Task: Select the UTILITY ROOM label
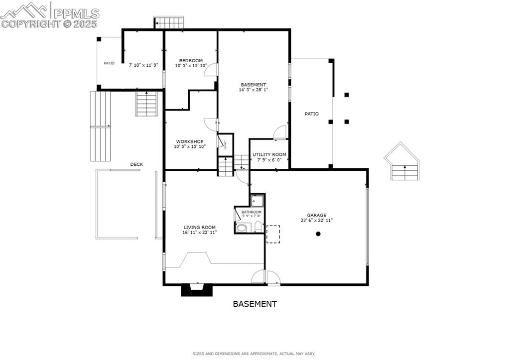(x=269, y=155)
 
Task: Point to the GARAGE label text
(x=316, y=215)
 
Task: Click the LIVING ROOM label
(x=199, y=227)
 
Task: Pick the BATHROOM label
(x=251, y=212)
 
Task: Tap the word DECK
(x=136, y=164)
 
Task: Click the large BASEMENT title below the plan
(x=255, y=303)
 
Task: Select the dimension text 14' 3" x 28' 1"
(x=253, y=90)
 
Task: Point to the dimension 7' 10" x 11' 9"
(x=143, y=65)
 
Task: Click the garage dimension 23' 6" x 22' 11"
(x=316, y=220)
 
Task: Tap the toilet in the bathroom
(x=257, y=227)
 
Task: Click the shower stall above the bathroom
(x=257, y=201)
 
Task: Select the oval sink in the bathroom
(x=242, y=228)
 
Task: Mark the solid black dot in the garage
(x=318, y=234)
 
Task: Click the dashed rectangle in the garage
(x=273, y=234)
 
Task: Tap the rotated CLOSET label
(x=226, y=144)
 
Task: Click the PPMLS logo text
(x=75, y=13)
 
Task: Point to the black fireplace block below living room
(x=196, y=290)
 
